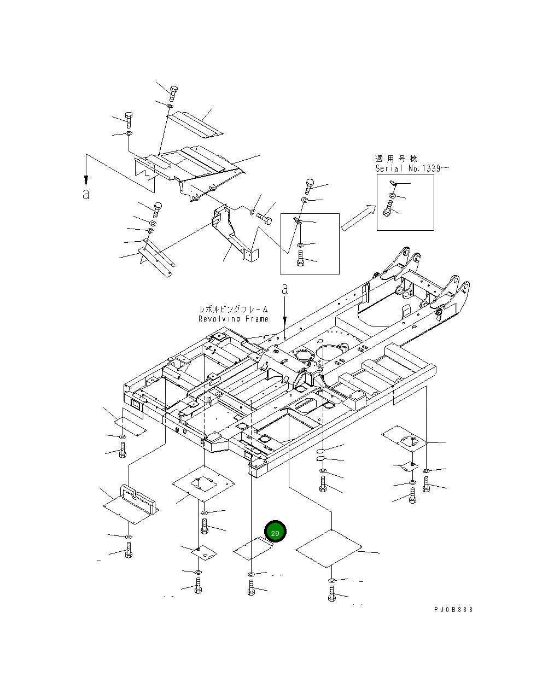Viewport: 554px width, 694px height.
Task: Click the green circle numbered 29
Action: [x=275, y=532]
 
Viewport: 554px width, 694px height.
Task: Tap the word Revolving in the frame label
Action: [x=218, y=319]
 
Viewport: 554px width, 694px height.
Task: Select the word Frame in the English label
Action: [x=256, y=319]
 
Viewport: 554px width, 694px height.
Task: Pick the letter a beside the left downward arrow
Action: [x=86, y=194]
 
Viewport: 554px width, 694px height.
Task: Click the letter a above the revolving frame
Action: [x=284, y=289]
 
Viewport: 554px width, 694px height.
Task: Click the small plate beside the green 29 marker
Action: [x=253, y=549]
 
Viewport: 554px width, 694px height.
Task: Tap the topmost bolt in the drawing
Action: [x=172, y=92]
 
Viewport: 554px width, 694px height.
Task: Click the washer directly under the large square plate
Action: [x=332, y=579]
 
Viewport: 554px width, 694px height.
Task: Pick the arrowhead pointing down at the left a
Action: [x=86, y=181]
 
